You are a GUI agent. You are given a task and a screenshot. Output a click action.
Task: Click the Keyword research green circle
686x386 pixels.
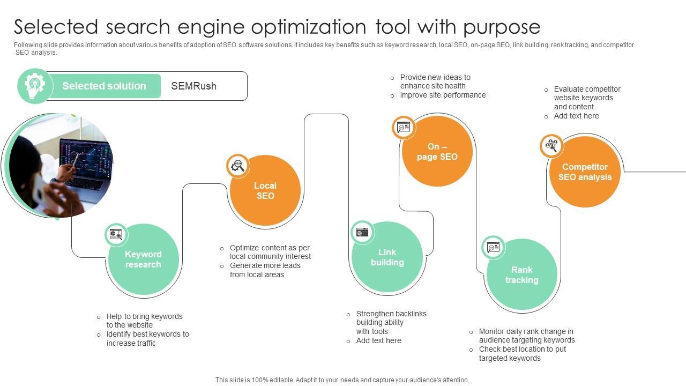point(143,259)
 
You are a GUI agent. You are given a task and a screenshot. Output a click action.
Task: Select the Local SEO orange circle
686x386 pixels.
point(265,191)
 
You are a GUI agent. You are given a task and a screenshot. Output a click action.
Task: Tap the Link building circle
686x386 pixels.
point(387,257)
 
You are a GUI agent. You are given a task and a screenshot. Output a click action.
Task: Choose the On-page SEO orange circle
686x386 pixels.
point(437,152)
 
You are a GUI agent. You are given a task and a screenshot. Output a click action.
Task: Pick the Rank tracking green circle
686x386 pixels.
point(521,275)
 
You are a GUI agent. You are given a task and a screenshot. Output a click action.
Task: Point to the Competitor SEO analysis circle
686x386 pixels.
point(585,172)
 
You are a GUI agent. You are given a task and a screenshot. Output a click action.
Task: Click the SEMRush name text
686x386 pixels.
point(193,86)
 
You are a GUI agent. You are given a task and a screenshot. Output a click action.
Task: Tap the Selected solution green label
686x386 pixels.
point(104,86)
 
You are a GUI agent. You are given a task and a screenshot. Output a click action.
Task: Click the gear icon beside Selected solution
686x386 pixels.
point(35,86)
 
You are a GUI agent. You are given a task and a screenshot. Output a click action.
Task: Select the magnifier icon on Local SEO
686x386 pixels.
point(237,166)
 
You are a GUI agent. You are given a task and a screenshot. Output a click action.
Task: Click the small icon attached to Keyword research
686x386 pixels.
point(116,234)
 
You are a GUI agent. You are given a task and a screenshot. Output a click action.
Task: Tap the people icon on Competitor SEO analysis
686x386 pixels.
point(551,145)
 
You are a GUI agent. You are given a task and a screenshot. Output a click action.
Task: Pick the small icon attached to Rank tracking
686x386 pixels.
point(493,247)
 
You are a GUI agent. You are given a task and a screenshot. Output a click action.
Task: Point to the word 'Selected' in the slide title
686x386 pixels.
point(56,26)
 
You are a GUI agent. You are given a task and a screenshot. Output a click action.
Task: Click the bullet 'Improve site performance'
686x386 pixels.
point(443,95)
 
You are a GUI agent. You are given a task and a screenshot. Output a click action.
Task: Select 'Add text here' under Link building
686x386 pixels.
point(378,340)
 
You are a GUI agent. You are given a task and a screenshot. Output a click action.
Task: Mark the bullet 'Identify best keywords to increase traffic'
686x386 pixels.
point(147,339)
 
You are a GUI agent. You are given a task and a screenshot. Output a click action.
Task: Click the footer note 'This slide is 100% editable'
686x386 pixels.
point(342,380)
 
